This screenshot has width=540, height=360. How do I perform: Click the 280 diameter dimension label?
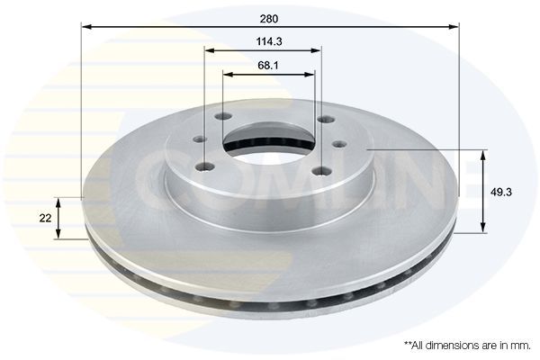click(269, 19)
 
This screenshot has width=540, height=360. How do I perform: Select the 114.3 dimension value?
click(269, 41)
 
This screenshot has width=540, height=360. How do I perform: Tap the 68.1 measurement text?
click(268, 65)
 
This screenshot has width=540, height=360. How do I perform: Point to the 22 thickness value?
click(45, 218)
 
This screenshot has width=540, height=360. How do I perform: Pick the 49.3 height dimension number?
click(501, 192)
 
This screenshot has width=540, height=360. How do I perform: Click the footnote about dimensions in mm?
click(467, 346)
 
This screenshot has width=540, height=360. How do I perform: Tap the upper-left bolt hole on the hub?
click(222, 117)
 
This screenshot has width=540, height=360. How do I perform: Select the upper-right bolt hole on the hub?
click(326, 120)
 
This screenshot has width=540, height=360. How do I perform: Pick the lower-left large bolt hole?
click(204, 167)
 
